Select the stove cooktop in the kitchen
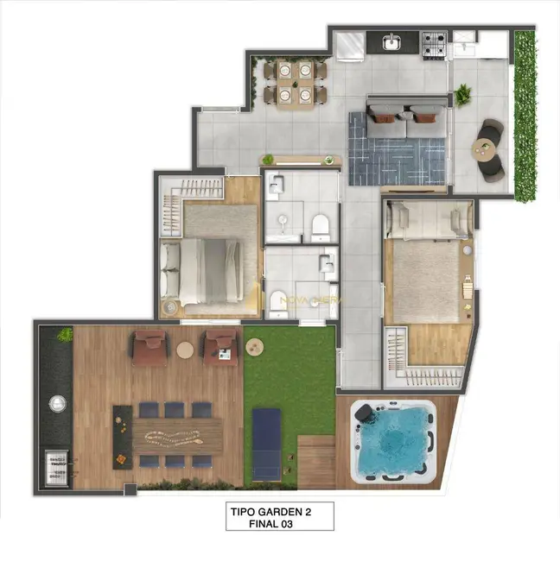(x=433, y=40)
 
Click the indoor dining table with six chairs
(x=296, y=81)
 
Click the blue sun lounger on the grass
(x=265, y=443)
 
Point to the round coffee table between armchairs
(x=185, y=350)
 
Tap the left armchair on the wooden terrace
(x=149, y=345)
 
